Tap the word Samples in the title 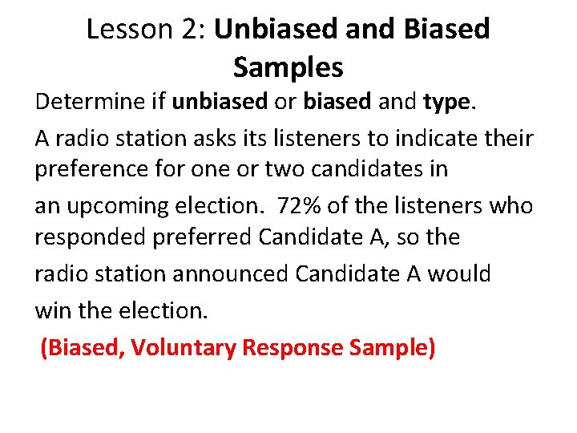pyautogui.click(x=288, y=67)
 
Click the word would pyautogui.click(x=459, y=274)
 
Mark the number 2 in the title pyautogui.click(x=189, y=30)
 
